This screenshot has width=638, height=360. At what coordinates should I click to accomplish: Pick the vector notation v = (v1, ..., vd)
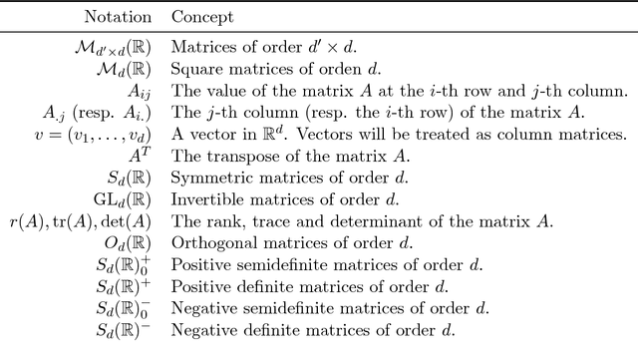(100, 134)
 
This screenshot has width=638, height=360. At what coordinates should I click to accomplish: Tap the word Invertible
(204, 197)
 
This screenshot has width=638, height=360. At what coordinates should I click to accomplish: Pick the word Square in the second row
(194, 68)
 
